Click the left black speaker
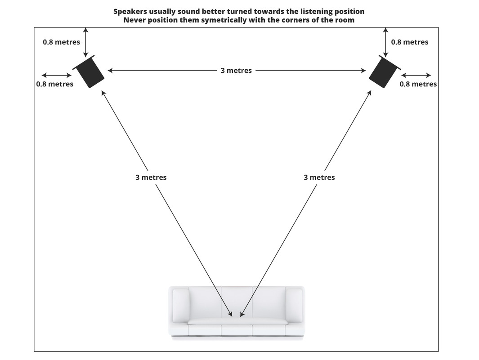pos(89,72)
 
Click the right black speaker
pos(384,72)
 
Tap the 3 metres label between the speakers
pos(236,71)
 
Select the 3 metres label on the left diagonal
pos(151,177)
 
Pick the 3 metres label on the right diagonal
pos(319,177)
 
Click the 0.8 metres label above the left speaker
pos(62,42)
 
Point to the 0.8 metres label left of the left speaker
pos(55,84)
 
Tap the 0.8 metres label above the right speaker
pos(409,42)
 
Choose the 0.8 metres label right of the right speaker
pos(418,84)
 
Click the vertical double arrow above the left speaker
pos(86,41)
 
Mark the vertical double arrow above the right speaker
pos(386,41)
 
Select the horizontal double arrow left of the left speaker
pos(56,75)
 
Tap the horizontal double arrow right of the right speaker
pos(416,75)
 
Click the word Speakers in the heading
pos(130,11)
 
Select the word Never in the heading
pos(134,20)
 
